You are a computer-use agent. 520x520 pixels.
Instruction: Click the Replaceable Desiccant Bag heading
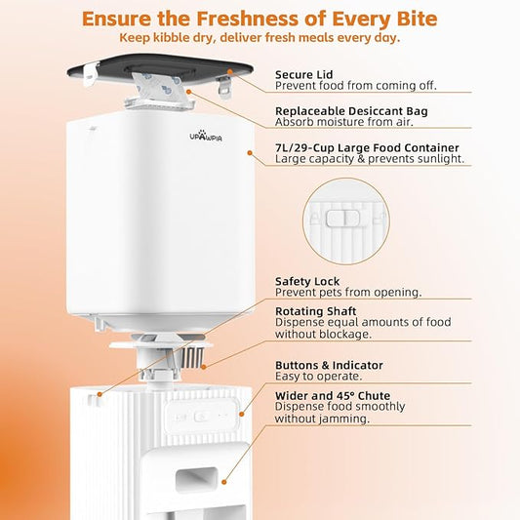pyautogui.click(x=351, y=111)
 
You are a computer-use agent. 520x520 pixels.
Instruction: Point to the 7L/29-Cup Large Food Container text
pyautogui.click(x=367, y=148)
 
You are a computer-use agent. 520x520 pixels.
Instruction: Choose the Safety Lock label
pyautogui.click(x=307, y=280)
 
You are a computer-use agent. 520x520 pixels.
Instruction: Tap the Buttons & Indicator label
pyautogui.click(x=329, y=365)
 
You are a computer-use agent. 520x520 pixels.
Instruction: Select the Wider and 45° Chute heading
pyautogui.click(x=333, y=396)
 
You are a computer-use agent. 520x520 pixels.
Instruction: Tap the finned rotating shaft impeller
pyautogui.click(x=189, y=353)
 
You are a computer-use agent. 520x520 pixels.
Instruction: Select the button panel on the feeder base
pyautogui.click(x=201, y=415)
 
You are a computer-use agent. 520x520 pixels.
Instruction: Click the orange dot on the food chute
pyautogui.click(x=223, y=480)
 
